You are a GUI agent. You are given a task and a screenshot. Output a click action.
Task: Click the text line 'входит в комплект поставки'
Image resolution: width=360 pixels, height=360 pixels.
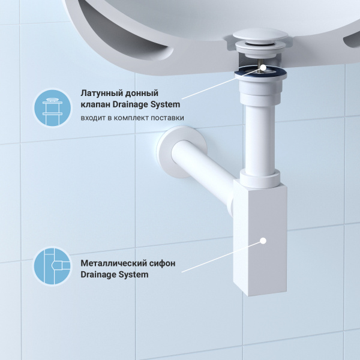click(x=132, y=118)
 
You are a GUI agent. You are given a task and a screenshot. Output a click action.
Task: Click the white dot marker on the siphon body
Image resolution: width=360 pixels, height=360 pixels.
click(x=263, y=241)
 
